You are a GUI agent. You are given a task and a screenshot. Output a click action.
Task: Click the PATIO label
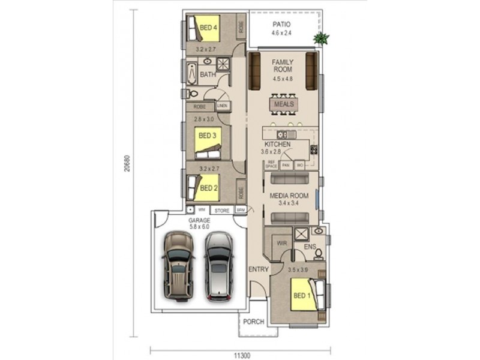point(281,25)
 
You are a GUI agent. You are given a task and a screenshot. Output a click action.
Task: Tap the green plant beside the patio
point(321,39)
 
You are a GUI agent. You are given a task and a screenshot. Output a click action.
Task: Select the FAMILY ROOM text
point(282,66)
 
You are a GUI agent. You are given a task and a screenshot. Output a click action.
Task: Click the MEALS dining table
point(284,104)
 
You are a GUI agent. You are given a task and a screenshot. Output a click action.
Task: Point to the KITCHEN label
point(277,145)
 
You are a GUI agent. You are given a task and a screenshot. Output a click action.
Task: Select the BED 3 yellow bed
point(208,139)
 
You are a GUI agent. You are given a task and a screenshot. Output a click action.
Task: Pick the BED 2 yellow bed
point(207,187)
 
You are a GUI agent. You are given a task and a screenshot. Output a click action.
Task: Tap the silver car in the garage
point(218,265)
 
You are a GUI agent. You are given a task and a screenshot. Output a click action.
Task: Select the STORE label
point(222,211)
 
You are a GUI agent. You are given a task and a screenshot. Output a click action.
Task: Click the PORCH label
point(254,322)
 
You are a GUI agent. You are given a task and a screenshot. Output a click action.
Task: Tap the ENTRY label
point(259,269)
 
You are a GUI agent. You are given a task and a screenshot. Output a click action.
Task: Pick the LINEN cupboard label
point(223,105)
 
